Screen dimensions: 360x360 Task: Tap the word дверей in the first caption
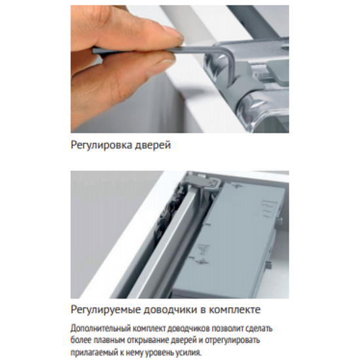153,145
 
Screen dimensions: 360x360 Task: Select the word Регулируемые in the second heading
105,310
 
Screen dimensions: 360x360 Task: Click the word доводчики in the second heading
171,310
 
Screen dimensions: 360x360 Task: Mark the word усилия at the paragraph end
189,353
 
